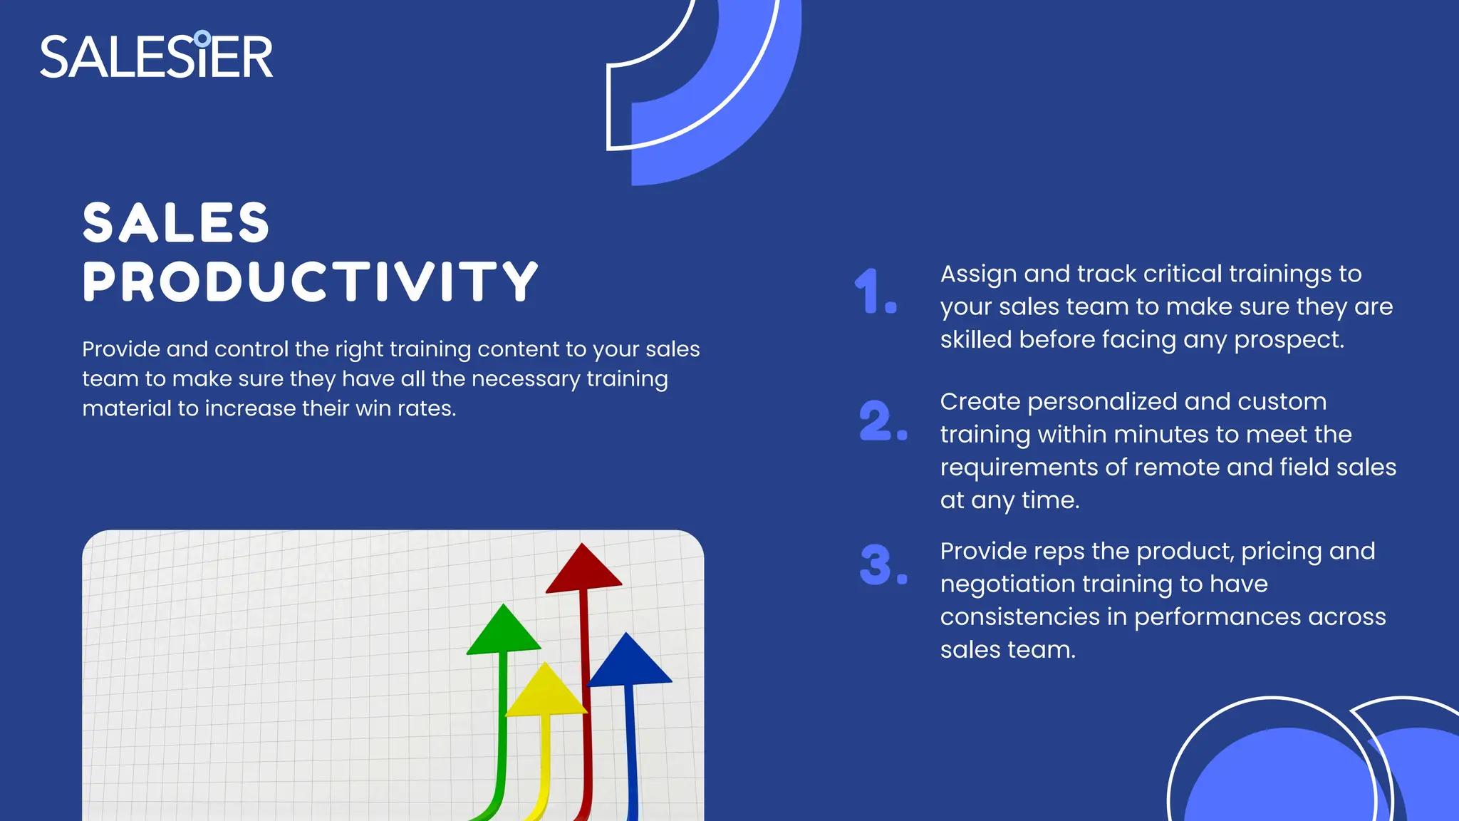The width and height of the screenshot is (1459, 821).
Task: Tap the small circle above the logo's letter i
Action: pos(202,38)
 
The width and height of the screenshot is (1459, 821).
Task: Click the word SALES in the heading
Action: pos(176,222)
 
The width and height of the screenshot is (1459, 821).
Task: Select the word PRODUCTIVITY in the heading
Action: pos(310,281)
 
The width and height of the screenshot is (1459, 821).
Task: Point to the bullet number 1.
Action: pos(873,291)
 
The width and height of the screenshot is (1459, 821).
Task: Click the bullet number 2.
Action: pos(881,420)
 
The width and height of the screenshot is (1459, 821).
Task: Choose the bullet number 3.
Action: pos(881,565)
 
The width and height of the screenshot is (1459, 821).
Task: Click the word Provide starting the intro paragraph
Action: pos(120,349)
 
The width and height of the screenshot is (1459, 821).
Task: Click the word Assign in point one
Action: pos(977,274)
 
